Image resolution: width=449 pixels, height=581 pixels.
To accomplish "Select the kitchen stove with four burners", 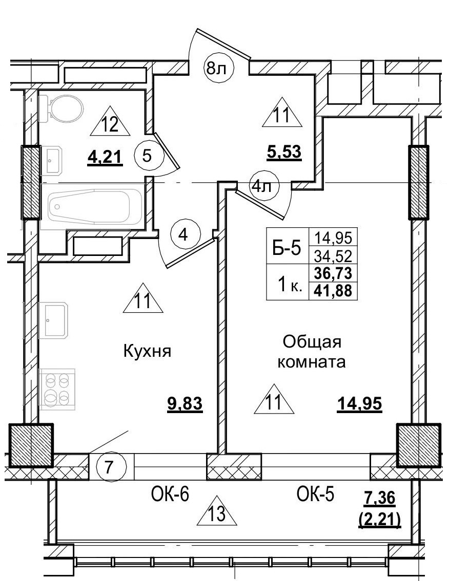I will tap(57, 390).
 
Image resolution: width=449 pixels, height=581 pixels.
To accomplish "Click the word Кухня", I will tap(147, 351).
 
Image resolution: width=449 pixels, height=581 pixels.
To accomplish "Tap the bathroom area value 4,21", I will tap(106, 157).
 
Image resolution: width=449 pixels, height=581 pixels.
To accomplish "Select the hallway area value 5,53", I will tap(283, 152).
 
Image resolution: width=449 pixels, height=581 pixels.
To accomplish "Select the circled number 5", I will tap(147, 156).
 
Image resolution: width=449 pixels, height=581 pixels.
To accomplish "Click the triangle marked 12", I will tap(111, 123).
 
